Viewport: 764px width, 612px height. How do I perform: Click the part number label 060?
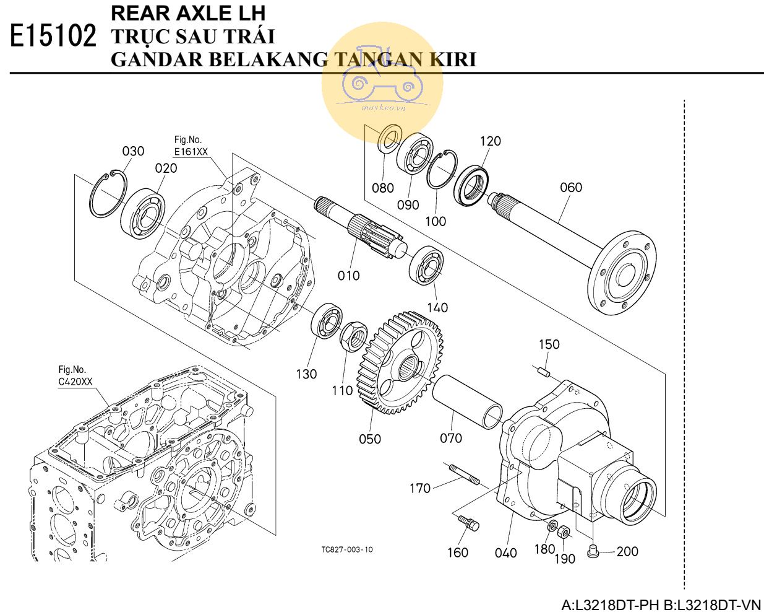pos(570,187)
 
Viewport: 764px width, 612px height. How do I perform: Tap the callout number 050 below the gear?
pos(370,439)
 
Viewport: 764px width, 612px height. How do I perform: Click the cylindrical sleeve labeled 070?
pos(466,402)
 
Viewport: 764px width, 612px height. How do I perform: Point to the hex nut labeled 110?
pos(354,335)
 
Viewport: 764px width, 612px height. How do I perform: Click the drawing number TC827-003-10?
pos(347,549)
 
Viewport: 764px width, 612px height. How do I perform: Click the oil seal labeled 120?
pos(471,184)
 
